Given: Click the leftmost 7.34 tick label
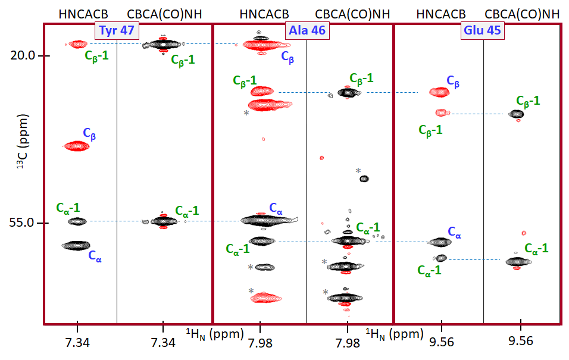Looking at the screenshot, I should tap(77, 342).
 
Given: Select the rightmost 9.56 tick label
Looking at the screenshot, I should tap(521, 342).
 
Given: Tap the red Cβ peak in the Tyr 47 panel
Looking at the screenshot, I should tap(76, 146).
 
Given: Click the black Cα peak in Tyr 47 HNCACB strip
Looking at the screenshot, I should tap(76, 245).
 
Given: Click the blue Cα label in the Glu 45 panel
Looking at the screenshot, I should tap(455, 231).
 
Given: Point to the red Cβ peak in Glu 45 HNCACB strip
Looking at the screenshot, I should tap(440, 92).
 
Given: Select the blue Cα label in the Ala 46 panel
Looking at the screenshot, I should tap(276, 208).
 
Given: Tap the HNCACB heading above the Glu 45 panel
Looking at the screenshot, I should tap(441, 13).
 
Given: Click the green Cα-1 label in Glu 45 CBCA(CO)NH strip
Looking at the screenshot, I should tap(536, 248).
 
